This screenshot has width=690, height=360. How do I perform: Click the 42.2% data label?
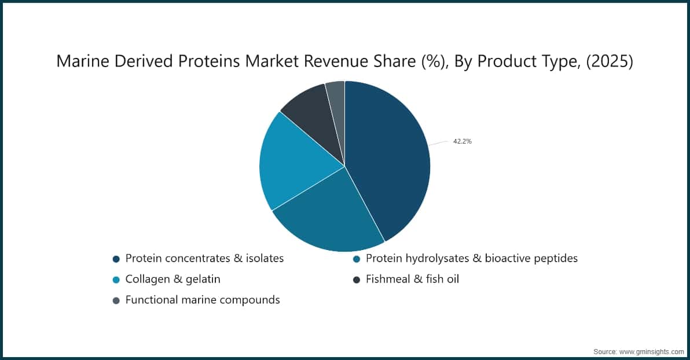[x=462, y=141]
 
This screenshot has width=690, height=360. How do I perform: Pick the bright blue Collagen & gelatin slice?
[x=295, y=162]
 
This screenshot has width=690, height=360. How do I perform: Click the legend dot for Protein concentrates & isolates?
[x=116, y=259]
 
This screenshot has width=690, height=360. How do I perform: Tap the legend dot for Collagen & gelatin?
[x=116, y=280]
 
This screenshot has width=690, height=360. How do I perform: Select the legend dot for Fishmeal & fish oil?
[x=357, y=280]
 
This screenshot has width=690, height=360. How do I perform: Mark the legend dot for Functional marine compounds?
[x=116, y=300]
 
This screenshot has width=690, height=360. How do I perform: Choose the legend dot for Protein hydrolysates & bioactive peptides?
[x=357, y=259]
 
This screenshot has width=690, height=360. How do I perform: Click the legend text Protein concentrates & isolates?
[x=204, y=259]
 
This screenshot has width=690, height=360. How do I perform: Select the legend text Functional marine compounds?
[x=203, y=300]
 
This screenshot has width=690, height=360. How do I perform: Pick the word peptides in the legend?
[x=554, y=259]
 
